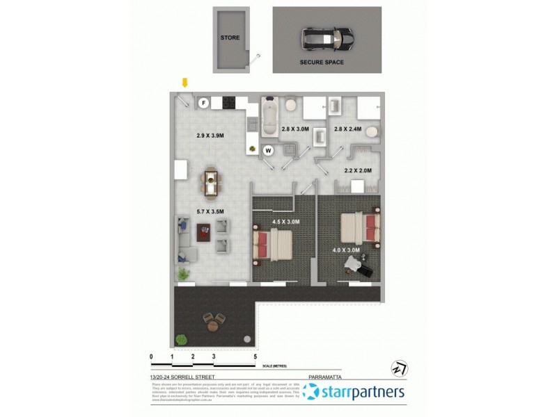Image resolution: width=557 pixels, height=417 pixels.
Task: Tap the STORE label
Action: [x=230, y=38]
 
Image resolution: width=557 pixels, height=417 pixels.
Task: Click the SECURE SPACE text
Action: [x=322, y=62]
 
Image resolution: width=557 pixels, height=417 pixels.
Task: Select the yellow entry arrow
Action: [x=185, y=83]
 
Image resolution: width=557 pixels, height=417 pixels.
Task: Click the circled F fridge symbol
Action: [x=204, y=103]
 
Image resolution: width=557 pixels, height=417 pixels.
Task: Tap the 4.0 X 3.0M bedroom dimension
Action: [x=346, y=250]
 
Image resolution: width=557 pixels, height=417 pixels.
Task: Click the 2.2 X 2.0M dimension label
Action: [x=358, y=170]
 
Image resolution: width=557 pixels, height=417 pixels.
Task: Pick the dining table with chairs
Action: [x=210, y=182]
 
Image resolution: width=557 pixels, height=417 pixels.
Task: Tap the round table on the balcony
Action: [x=214, y=320]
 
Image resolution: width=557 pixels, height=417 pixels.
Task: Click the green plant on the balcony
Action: [x=182, y=339]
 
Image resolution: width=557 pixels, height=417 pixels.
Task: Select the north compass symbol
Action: [x=400, y=368]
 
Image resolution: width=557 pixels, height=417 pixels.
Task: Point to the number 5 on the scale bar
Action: [x=256, y=357]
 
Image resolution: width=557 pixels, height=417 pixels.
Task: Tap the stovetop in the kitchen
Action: [x=228, y=104]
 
